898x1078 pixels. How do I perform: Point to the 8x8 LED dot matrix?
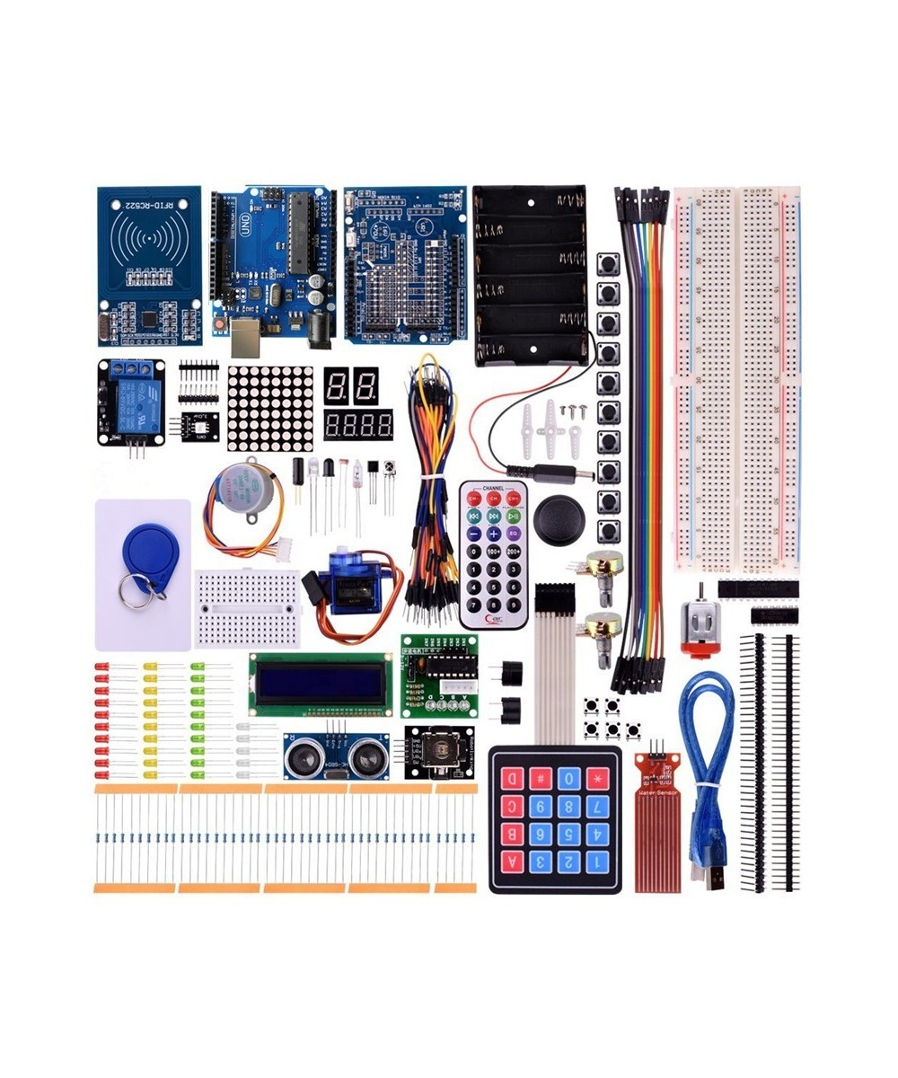[x=270, y=408]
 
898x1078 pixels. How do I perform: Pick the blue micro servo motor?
[x=354, y=584]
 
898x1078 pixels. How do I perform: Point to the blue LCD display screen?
[x=321, y=685]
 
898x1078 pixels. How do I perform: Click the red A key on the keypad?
[x=515, y=863]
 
